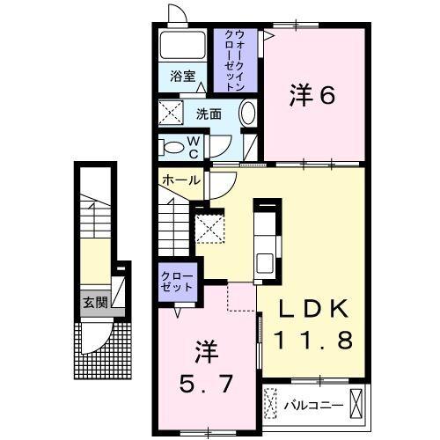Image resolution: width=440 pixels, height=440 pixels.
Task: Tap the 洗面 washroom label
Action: pos(209,114)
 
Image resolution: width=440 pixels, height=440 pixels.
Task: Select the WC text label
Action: pos(193,147)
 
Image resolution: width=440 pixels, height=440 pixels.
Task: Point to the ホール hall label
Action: pos(180,180)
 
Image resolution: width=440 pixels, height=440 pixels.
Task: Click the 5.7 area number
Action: pos(205,382)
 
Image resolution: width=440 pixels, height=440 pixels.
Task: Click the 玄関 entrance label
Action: pos(95,302)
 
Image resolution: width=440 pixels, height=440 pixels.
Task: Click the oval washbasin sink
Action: pos(247,114)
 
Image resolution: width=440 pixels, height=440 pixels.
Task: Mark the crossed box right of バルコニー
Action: pos(356,404)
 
